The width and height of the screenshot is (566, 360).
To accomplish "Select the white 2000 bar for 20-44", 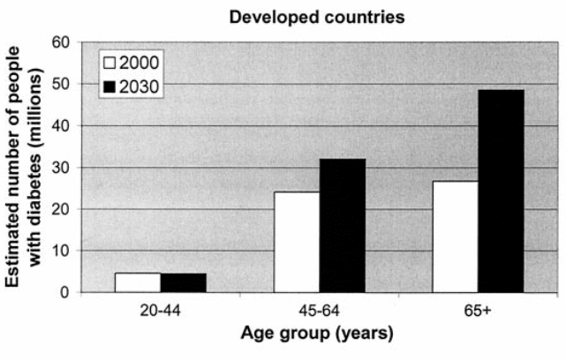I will click(x=138, y=282).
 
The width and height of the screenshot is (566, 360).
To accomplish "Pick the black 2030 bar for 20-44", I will click(x=184, y=282).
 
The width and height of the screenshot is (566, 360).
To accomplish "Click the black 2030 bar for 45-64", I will click(x=343, y=225).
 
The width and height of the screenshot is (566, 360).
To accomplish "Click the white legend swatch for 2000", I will click(x=110, y=64).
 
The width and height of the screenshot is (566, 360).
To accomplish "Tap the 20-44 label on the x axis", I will click(x=161, y=311).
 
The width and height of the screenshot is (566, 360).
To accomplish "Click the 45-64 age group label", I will click(x=320, y=311).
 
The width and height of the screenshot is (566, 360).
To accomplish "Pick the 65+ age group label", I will click(x=479, y=311).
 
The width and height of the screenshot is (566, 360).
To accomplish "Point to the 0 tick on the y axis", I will click(x=66, y=292).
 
